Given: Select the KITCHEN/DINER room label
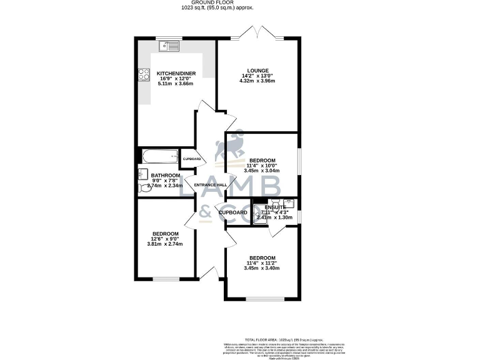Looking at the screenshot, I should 176,74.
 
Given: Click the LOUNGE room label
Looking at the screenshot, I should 257,71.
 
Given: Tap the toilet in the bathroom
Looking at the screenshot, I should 142,185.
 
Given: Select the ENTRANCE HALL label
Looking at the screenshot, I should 211,185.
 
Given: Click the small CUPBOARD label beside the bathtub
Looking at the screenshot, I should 192,159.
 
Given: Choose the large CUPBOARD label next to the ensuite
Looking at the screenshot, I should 233,212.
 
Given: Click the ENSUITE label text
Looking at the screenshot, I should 275,207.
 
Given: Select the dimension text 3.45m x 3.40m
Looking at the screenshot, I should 262,268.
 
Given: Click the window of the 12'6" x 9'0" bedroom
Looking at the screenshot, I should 166,279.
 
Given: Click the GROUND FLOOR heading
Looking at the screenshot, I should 239,3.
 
